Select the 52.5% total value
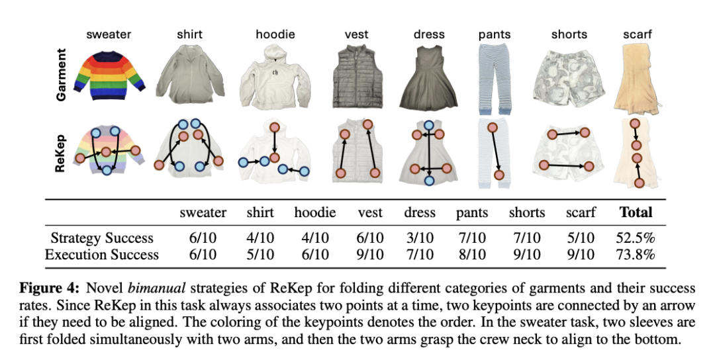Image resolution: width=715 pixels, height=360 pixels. (x=635, y=238)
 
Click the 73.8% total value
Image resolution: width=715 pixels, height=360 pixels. (x=635, y=255)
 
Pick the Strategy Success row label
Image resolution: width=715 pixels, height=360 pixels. (x=102, y=238)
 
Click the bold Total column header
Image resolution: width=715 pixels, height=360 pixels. (x=635, y=212)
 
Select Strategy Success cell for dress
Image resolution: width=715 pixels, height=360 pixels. (x=420, y=238)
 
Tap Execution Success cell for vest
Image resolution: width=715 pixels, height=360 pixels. (x=369, y=255)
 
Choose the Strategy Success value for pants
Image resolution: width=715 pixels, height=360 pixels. (x=471, y=238)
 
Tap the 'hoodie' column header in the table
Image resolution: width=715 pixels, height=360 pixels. (x=314, y=212)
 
